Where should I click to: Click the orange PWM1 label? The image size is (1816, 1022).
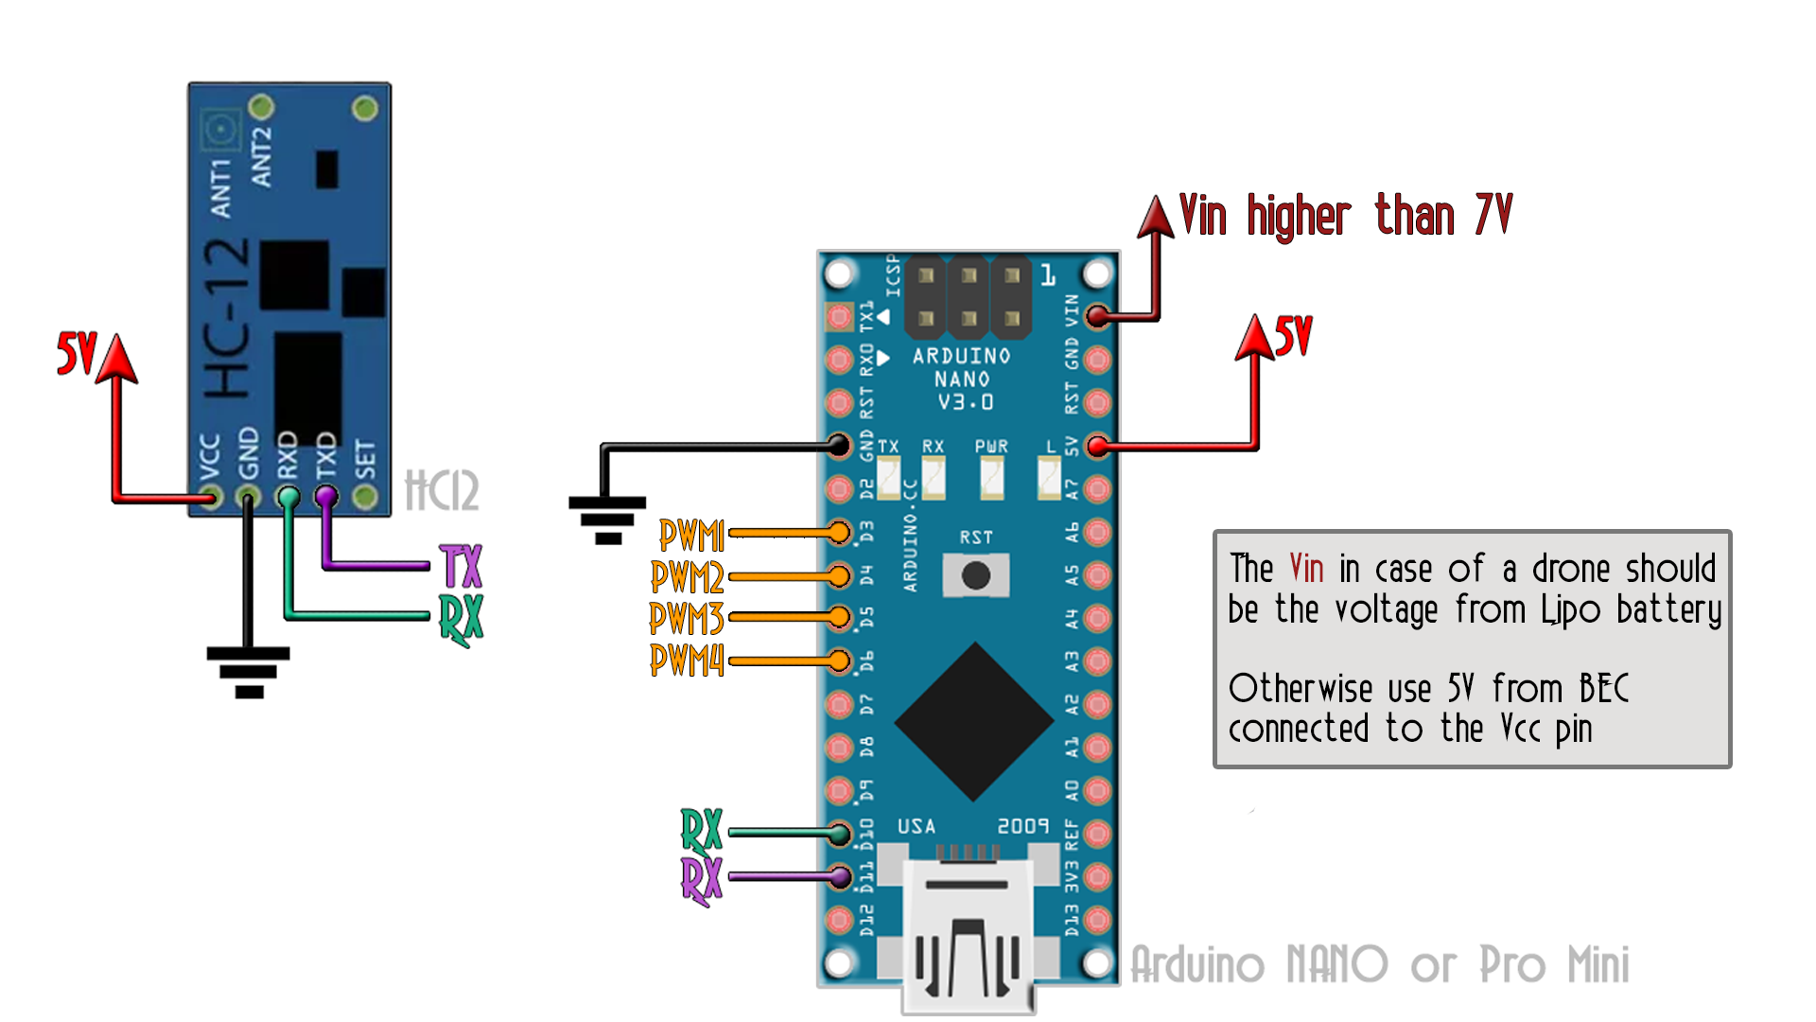(x=691, y=536)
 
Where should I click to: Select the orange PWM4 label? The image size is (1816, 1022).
(x=687, y=660)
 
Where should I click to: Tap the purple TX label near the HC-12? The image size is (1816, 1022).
(x=462, y=567)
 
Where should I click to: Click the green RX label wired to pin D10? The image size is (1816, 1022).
(x=701, y=831)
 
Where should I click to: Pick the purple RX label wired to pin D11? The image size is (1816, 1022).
(x=701, y=880)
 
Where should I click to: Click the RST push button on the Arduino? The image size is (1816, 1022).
(x=975, y=574)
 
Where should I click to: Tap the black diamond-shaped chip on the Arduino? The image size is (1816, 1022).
(x=974, y=721)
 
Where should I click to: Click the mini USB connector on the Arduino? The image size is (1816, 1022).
(x=967, y=937)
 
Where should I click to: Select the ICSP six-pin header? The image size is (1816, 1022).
(x=969, y=297)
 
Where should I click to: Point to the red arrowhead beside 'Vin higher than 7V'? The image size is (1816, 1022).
(x=1156, y=217)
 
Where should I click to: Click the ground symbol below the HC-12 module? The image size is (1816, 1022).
(x=249, y=671)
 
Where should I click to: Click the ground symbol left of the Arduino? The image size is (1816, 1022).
(x=607, y=520)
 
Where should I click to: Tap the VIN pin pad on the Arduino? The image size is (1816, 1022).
(x=1097, y=316)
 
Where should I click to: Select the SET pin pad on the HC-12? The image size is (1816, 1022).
(x=365, y=496)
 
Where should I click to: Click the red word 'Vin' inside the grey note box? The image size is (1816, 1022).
(x=1306, y=569)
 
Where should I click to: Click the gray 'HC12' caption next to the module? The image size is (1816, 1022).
(x=442, y=490)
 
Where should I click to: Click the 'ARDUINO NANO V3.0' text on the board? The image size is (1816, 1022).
(x=962, y=379)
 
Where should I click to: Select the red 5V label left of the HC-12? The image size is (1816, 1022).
(x=76, y=354)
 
